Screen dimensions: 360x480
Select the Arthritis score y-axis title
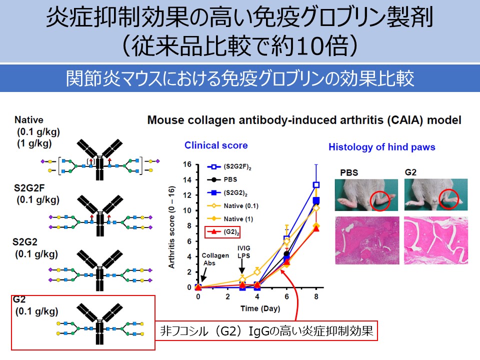tap(171, 226)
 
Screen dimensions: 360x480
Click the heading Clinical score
tap(216, 145)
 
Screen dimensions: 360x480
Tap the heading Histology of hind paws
tap(381, 147)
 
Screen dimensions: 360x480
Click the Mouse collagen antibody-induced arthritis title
tap(304, 120)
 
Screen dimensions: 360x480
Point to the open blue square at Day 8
tap(316, 184)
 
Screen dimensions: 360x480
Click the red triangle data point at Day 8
tap(316, 228)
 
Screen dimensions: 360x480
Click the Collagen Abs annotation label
tap(215, 259)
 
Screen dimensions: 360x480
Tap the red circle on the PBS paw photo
tap(381, 200)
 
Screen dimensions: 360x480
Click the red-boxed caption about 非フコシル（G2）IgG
tap(266, 330)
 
